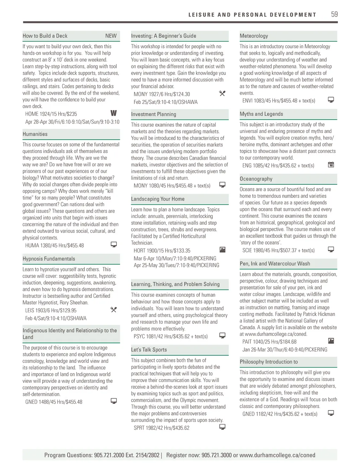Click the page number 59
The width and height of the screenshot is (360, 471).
(334, 14)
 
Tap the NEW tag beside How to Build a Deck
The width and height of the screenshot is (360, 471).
(111, 36)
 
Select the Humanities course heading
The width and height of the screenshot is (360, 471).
(35, 134)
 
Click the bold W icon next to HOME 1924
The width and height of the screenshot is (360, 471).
(114, 113)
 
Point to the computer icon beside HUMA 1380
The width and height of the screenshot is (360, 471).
(114, 244)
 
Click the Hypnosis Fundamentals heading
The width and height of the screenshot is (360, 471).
(49, 259)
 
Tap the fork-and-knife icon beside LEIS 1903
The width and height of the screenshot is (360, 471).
(114, 310)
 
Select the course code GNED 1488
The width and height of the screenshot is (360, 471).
(36, 402)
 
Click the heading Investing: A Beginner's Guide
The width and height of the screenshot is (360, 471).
(163, 36)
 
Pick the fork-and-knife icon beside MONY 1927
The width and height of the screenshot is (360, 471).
(222, 94)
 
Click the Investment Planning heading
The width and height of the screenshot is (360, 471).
(154, 114)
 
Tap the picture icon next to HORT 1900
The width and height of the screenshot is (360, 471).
(222, 250)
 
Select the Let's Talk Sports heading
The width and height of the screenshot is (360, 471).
(149, 350)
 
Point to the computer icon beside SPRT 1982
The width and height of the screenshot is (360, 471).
(222, 427)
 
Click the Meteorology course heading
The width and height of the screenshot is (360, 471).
(254, 36)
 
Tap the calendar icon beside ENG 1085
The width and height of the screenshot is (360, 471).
(331, 165)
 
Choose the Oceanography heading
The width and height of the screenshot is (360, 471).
(256, 179)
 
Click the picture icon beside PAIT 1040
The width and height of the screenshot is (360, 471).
(331, 341)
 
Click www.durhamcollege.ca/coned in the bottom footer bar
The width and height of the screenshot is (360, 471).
(277, 455)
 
